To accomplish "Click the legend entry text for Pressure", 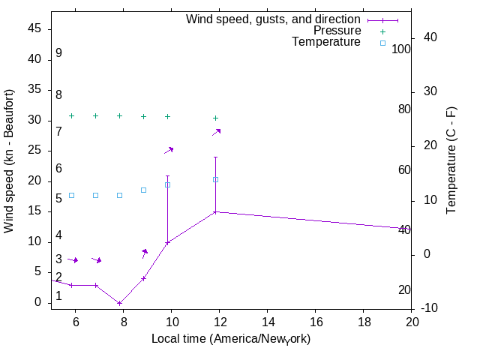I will [x=337, y=31].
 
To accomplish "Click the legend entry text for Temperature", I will [x=326, y=42].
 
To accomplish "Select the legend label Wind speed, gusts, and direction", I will [x=274, y=19].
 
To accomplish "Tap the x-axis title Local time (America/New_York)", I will [x=231, y=339].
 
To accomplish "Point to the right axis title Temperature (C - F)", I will [x=451, y=160].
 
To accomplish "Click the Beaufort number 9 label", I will [x=58, y=53].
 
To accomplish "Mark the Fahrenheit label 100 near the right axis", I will [x=402, y=49].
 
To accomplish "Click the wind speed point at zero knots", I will [x=120, y=303].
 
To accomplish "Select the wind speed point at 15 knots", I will [x=216, y=211].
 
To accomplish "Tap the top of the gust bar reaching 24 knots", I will [x=216, y=157].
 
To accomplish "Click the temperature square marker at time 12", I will [x=216, y=179].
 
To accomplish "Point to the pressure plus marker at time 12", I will [x=216, y=118].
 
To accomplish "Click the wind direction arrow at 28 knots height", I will [x=217, y=132].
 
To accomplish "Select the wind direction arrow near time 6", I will [x=73, y=259].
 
